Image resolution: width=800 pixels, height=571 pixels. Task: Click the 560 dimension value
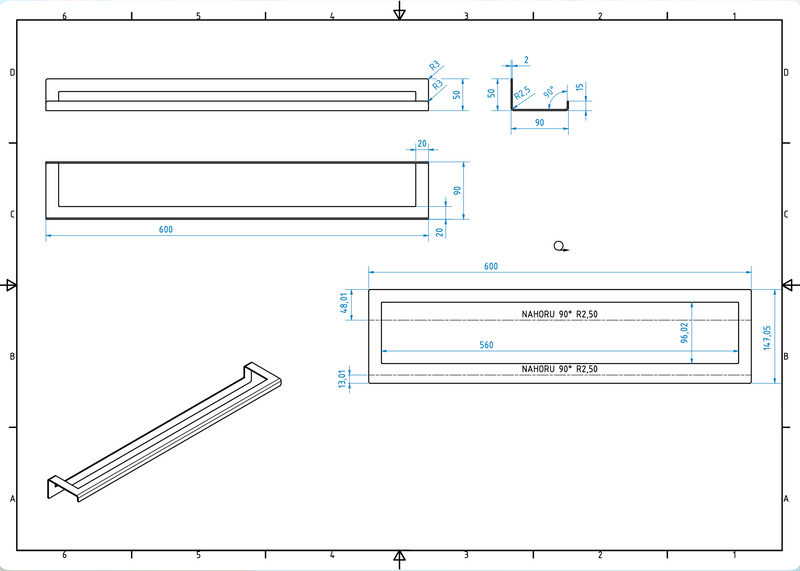click(x=486, y=345)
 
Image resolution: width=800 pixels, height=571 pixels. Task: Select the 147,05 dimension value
click(x=768, y=337)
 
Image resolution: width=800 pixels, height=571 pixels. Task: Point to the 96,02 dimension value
click(x=685, y=332)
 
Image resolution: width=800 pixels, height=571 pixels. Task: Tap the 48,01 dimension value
click(x=346, y=302)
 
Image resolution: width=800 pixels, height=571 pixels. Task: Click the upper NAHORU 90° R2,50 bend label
click(x=559, y=314)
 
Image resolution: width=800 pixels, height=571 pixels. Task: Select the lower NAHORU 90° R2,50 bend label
click(x=559, y=369)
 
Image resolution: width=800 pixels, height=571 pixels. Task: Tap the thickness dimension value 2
click(x=526, y=61)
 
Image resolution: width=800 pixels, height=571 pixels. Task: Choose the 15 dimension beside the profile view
click(x=580, y=90)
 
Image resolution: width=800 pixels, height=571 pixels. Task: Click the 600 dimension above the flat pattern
click(x=491, y=266)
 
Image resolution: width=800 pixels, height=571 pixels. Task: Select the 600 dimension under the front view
click(x=166, y=229)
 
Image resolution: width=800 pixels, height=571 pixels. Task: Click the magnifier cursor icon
click(x=561, y=245)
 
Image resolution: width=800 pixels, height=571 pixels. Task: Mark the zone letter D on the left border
click(x=12, y=72)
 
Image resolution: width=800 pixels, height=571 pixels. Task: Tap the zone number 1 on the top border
click(x=735, y=16)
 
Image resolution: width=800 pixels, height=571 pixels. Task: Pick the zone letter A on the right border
click(x=788, y=498)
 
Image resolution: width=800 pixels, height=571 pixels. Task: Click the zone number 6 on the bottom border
click(x=64, y=554)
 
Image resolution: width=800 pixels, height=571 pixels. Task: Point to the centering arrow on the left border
click(x=11, y=285)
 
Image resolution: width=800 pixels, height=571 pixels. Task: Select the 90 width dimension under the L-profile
click(x=539, y=122)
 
